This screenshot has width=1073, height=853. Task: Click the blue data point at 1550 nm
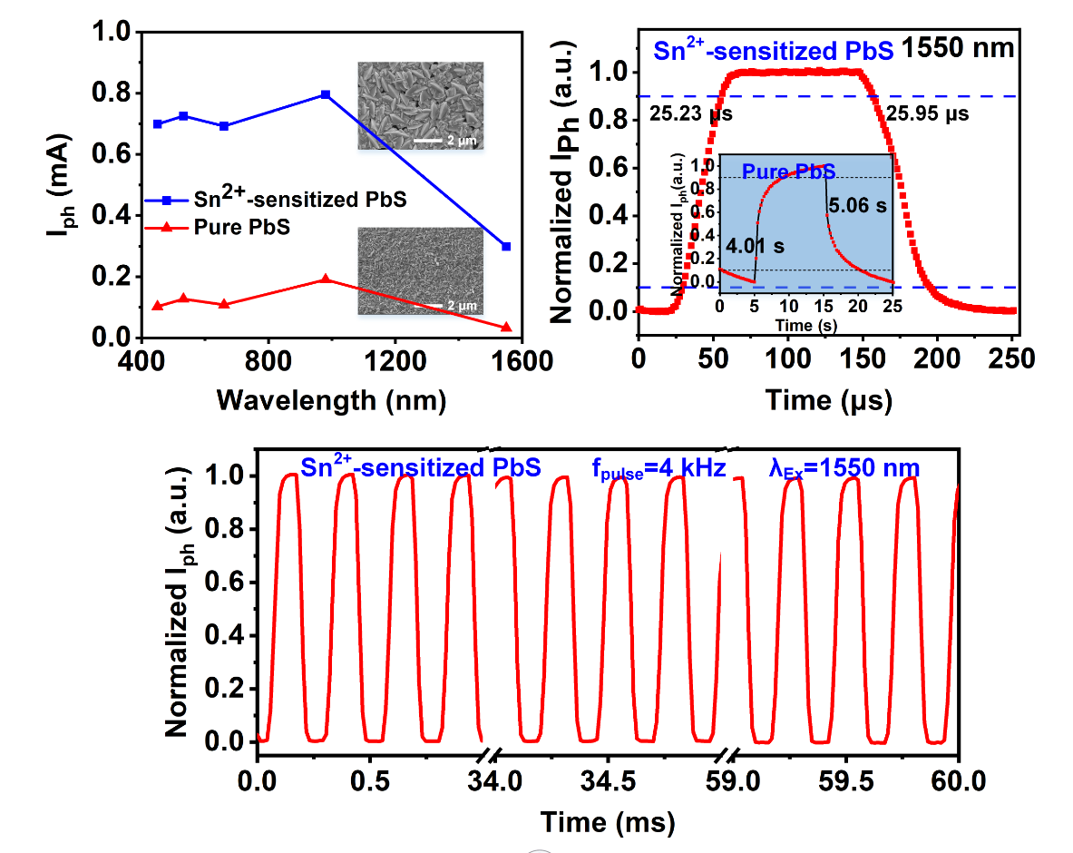(506, 246)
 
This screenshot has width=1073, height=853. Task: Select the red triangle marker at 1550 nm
(506, 327)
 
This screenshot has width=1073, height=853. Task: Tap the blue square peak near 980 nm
(326, 94)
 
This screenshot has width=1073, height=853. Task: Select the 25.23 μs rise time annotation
(691, 114)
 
